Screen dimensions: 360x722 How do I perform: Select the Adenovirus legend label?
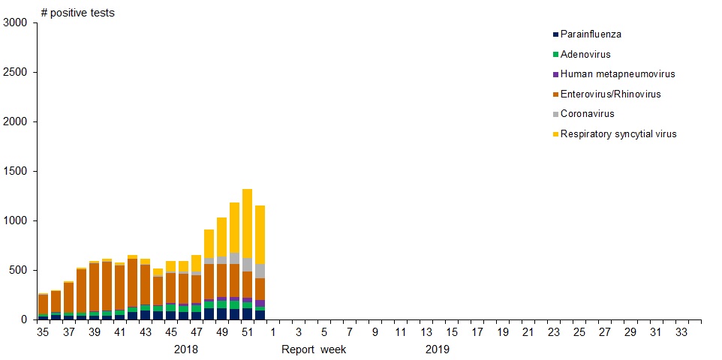pos(585,54)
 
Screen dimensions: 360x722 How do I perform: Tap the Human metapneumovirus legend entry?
pos(618,74)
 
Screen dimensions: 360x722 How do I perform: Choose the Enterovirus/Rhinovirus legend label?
pos(611,94)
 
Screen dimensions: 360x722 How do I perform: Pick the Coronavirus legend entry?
pos(588,114)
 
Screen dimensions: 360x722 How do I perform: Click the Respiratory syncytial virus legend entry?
pos(618,133)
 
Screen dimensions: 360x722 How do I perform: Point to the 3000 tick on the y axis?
pos(14,23)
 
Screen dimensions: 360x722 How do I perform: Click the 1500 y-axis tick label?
pos(14,171)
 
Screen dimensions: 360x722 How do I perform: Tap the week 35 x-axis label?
pos(43,332)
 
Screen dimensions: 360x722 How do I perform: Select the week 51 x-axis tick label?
pos(247,332)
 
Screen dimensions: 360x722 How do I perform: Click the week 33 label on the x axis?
pos(681,332)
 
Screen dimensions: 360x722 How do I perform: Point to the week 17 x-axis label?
pos(477,332)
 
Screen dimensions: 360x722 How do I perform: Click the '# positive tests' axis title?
pos(78,12)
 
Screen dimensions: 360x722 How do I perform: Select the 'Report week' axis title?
pos(314,349)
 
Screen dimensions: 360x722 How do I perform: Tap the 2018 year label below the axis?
pos(186,349)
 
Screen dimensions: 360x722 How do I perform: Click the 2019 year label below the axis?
pos(438,349)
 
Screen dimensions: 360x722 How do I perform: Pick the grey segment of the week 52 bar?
pos(260,271)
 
